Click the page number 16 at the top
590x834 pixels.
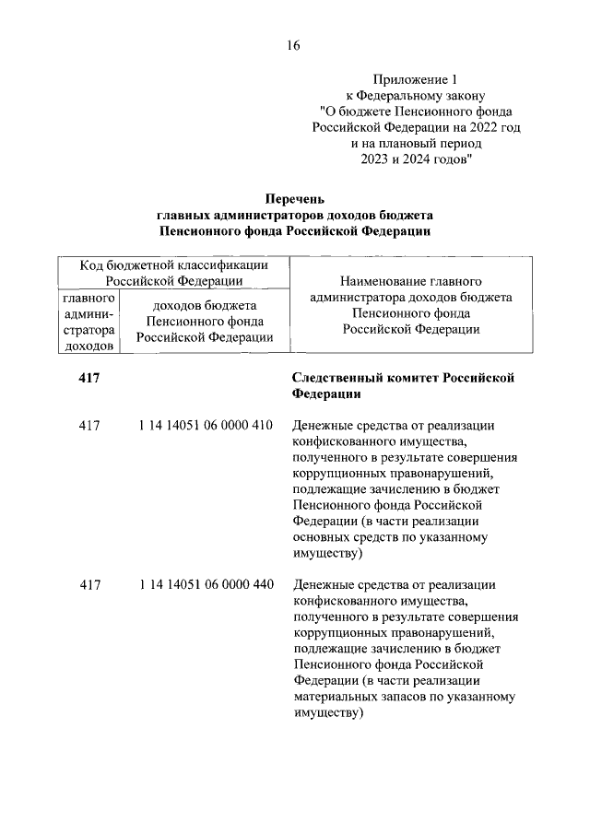[293, 44]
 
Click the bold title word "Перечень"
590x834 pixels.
[295, 198]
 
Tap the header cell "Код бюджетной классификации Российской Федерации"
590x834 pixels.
[174, 273]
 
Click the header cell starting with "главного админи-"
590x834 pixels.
[88, 322]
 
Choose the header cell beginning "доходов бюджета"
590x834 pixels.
[204, 322]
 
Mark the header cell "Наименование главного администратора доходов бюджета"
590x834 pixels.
[412, 304]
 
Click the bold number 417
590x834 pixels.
[89, 378]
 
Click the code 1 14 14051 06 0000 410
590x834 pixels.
[206, 426]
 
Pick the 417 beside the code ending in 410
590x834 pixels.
[89, 426]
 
